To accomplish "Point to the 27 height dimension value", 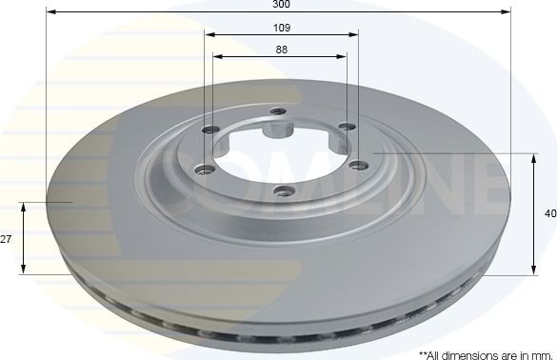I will point(6,239).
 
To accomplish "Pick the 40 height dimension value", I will point(549,214).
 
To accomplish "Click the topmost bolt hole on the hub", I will point(278,112).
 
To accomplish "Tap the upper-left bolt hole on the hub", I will point(209,130).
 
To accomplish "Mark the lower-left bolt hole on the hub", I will point(202,170).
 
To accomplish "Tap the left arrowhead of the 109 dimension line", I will point(208,35).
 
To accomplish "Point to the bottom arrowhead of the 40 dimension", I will point(531,270).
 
